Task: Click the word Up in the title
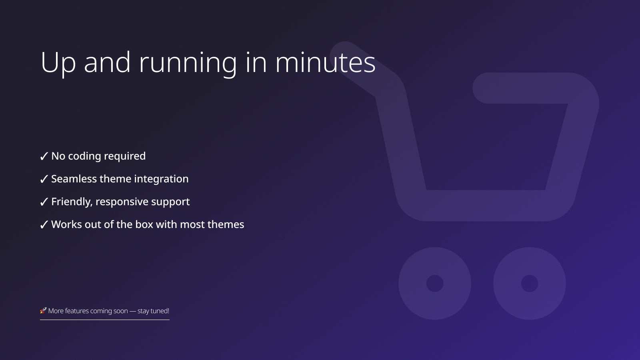58,63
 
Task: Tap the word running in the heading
188,63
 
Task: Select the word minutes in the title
325,62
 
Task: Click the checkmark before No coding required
44,156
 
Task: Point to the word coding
84,156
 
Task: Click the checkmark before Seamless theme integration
44,179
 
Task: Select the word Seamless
74,179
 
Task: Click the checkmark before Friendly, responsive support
44,202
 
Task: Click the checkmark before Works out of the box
44,225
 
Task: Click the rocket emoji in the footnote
43,310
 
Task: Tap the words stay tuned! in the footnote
153,311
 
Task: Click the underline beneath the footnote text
105,320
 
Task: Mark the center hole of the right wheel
530,283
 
